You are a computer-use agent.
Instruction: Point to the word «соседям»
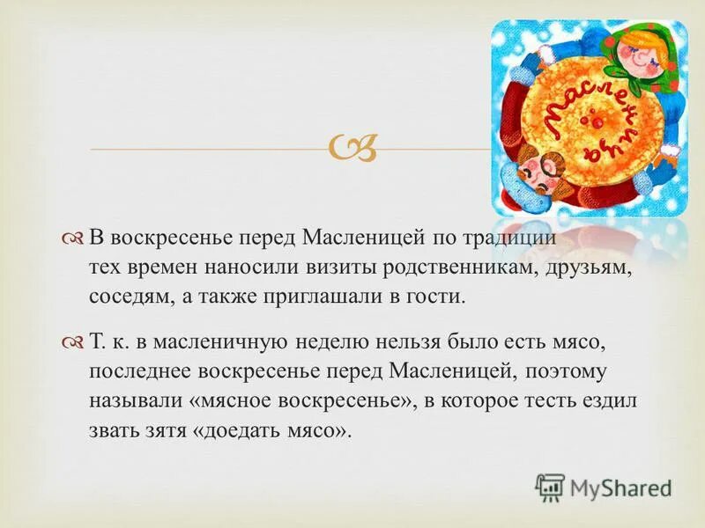(x=127, y=296)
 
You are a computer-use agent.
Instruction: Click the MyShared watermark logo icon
(x=551, y=488)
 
